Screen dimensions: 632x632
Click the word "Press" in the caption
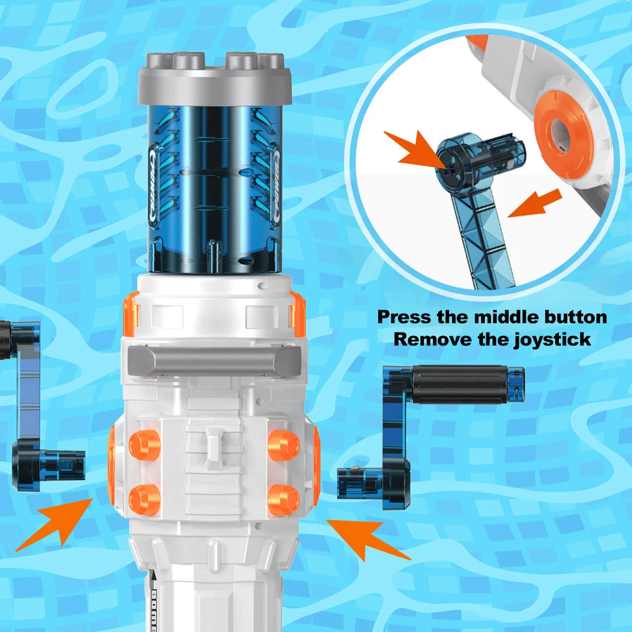click(404, 317)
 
